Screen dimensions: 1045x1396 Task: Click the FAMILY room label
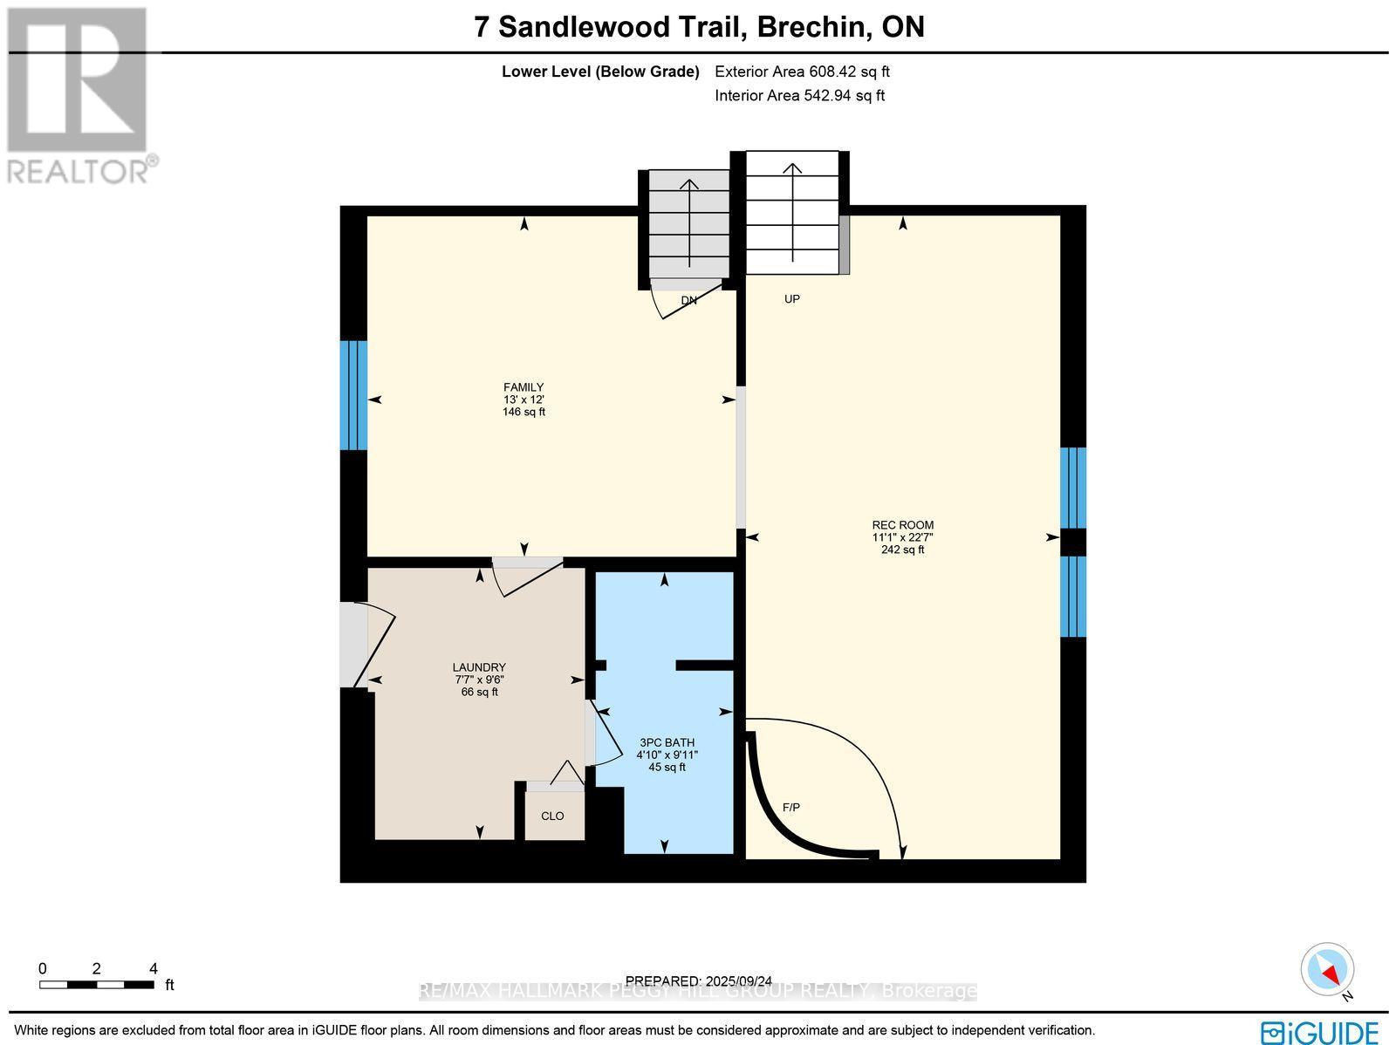pos(523,387)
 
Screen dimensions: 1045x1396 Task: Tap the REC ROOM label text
pos(902,525)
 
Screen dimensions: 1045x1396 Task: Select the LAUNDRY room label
pos(479,667)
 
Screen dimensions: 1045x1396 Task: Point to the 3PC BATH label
pos(667,743)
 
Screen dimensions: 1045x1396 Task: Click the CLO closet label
pos(552,816)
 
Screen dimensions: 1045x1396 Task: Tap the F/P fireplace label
pos(790,808)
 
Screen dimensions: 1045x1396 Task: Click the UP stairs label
pos(791,299)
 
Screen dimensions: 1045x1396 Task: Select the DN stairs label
pos(689,301)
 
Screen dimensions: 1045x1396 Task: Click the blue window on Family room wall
pos(353,395)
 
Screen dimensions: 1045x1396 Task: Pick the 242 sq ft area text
pos(902,550)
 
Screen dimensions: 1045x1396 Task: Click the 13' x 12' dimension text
pos(523,400)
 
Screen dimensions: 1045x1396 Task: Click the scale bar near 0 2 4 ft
pos(96,985)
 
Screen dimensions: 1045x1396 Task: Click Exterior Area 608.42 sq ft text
pos(802,72)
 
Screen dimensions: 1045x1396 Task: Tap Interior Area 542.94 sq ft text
pos(799,96)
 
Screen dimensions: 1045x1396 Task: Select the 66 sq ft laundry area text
pos(479,692)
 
